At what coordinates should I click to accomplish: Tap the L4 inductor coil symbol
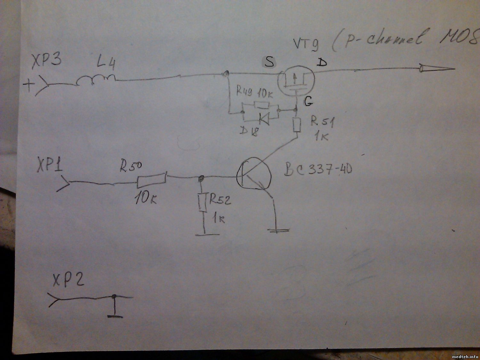coord(96,80)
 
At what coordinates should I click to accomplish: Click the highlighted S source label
coord(270,62)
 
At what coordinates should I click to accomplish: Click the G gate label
coord(309,102)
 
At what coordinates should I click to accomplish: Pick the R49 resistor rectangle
coord(262,105)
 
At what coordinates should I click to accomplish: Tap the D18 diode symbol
coord(264,119)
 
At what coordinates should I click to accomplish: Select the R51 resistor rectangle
coord(297,125)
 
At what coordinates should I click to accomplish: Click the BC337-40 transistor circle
coord(253,175)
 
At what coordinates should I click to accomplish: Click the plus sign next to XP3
coord(29,85)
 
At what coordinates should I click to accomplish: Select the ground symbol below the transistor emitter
coord(279,230)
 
